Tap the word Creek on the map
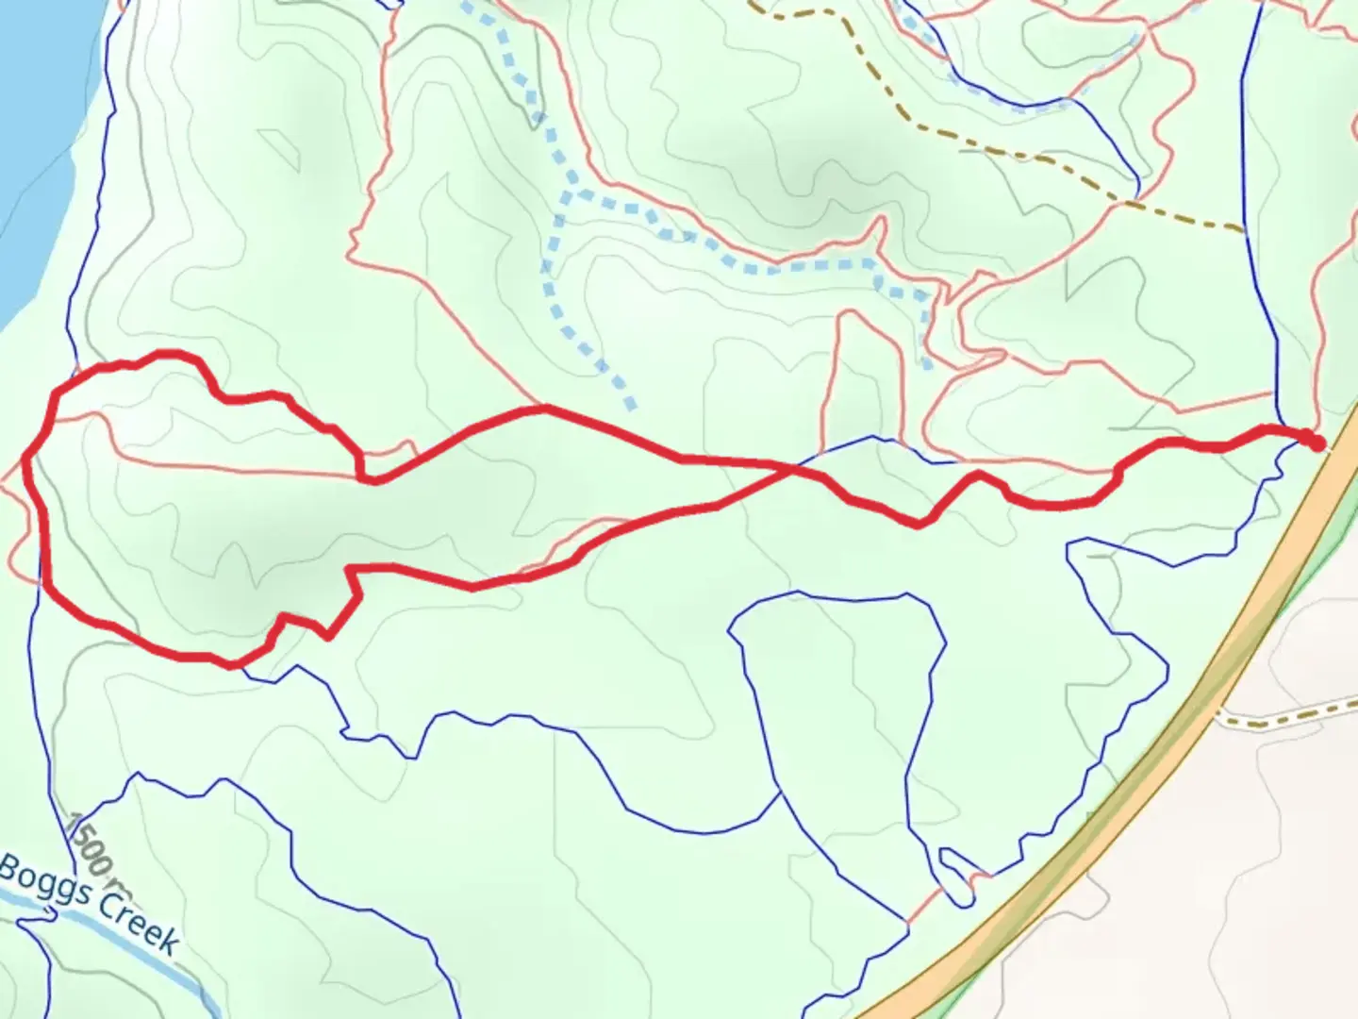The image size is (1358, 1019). [x=138, y=920]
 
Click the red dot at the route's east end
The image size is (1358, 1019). [x=1316, y=442]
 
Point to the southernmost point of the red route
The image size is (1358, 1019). [x=231, y=665]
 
